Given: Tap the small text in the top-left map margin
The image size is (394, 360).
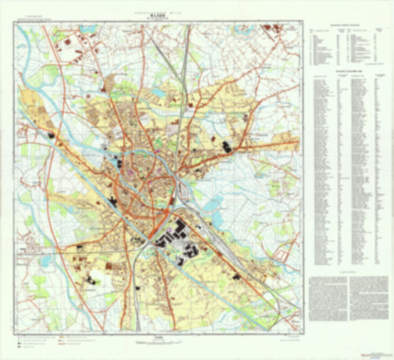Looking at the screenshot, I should pos(33,16).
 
